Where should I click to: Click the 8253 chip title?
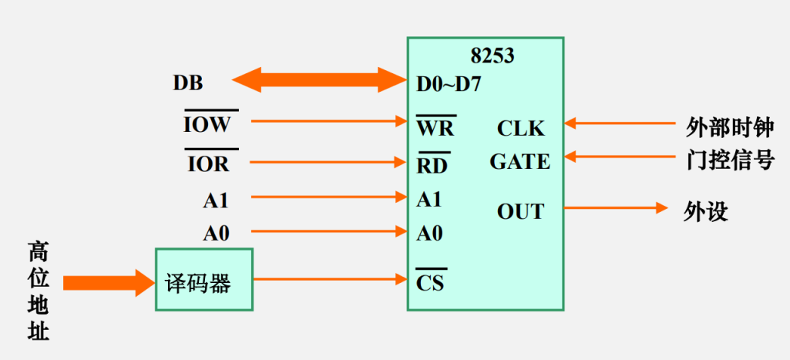point(492,56)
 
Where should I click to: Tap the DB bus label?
point(188,82)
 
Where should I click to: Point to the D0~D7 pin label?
point(449,82)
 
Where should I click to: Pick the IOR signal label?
point(208,163)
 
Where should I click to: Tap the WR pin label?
point(435,126)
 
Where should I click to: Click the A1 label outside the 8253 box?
point(216,200)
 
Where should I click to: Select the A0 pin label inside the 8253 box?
point(429,233)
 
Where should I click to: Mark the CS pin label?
point(430,282)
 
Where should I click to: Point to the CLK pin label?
point(520,128)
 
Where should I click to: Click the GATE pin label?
point(519,163)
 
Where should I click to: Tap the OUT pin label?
point(520,211)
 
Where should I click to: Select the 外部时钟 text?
point(729,127)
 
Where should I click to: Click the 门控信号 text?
point(729,160)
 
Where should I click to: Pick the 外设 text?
point(706,211)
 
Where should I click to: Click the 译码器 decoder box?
point(204,280)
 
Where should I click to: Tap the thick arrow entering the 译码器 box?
point(109,283)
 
